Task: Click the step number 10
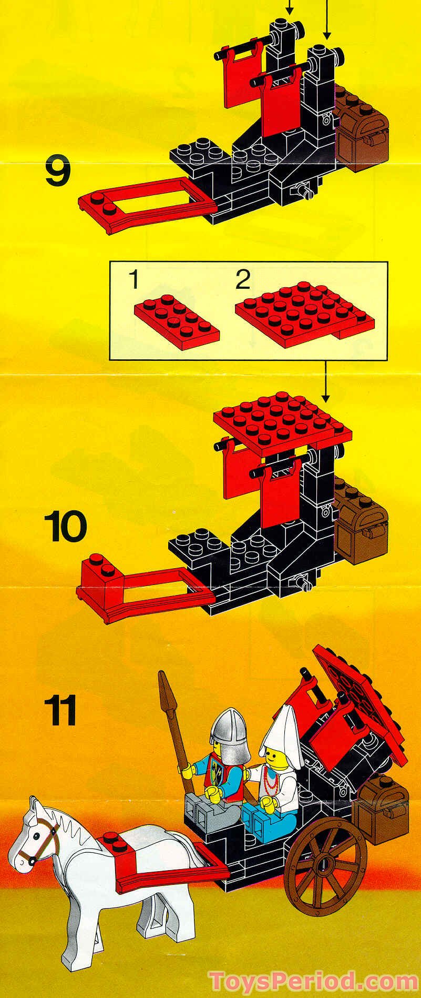[x=65, y=527]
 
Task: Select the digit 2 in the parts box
[x=242, y=280]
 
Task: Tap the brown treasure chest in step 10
[x=362, y=526]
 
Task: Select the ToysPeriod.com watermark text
[x=313, y=981]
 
